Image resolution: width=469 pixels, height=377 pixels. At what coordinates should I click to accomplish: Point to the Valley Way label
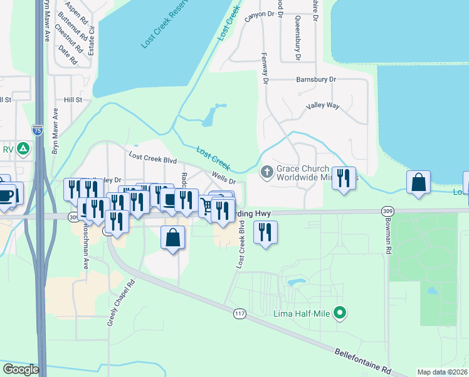tap(322, 106)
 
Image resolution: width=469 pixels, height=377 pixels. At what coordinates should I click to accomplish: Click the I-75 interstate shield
tap(38, 130)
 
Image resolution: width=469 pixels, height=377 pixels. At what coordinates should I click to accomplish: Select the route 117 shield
tap(238, 313)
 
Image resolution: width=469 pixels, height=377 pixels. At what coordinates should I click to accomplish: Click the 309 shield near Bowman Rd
tap(386, 212)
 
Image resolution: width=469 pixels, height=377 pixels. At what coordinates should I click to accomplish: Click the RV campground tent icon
tap(23, 149)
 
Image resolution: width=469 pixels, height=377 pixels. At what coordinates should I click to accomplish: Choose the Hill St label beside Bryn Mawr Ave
tap(73, 100)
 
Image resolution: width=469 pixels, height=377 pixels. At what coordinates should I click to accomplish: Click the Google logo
tap(21, 369)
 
